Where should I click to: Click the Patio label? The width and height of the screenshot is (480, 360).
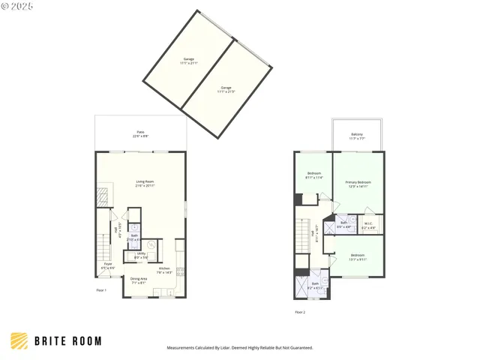pos(141,133)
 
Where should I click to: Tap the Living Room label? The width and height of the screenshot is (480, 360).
pos(145,182)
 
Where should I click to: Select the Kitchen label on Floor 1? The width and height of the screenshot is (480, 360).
pos(165,270)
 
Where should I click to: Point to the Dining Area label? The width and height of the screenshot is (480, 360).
pos(139,280)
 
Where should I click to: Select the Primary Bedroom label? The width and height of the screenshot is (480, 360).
pos(358,184)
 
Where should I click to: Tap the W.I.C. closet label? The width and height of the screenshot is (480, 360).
pos(368,224)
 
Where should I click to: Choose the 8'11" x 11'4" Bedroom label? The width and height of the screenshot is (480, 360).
pos(313,175)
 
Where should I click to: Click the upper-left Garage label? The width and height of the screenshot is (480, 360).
pos(188,61)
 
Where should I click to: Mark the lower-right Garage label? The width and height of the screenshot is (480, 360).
pos(226,89)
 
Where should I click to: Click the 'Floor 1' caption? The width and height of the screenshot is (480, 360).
pos(101,290)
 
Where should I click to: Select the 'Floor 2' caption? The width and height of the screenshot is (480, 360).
pos(300,311)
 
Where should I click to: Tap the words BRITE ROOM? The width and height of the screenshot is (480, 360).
pos(68,341)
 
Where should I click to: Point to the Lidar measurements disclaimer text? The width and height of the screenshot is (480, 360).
pos(239,348)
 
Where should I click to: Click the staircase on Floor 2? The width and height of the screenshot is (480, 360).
pos(303,235)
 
